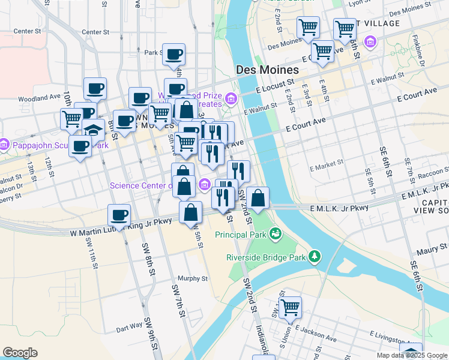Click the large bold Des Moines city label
click(267, 70)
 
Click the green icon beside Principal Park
click(276, 233)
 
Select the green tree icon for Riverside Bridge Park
click(315, 257)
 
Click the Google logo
click(20, 352)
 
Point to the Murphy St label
click(193, 278)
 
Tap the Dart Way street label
click(128, 329)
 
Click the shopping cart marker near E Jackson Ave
click(290, 307)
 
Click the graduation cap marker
click(93, 129)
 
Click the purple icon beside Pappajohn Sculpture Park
click(4, 145)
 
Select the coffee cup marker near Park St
click(174, 55)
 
